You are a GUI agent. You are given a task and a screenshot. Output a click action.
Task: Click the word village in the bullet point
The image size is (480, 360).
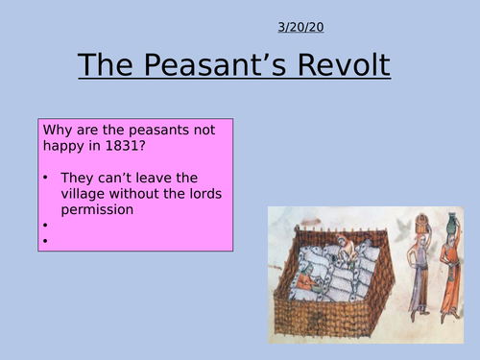[84, 193]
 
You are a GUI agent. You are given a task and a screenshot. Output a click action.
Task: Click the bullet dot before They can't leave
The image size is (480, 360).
[45, 178]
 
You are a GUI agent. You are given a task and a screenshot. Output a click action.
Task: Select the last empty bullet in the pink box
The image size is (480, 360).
[45, 241]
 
